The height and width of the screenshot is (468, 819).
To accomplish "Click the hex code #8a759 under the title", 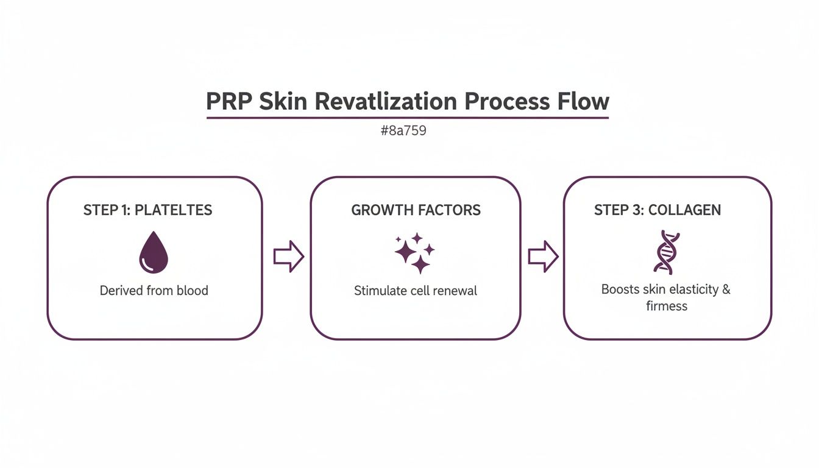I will pyautogui.click(x=403, y=130).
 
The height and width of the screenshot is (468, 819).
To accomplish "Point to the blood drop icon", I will pyautogui.click(x=154, y=252).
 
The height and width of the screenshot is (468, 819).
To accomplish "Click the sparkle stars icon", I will pyautogui.click(x=414, y=252).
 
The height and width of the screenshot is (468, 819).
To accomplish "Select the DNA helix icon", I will pyautogui.click(x=666, y=252).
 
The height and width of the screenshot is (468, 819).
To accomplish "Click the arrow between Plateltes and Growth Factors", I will pyautogui.click(x=288, y=257).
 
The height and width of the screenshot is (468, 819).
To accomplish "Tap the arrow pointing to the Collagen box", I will pyautogui.click(x=542, y=257).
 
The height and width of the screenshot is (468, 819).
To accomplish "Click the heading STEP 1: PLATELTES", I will pyautogui.click(x=147, y=210).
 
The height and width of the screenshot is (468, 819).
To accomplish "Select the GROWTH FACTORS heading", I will pyautogui.click(x=416, y=210).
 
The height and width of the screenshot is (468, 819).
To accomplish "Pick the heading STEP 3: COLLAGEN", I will pyautogui.click(x=658, y=210).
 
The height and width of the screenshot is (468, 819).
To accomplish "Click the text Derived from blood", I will pyautogui.click(x=154, y=291).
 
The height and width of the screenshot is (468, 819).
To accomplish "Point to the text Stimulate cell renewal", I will pyautogui.click(x=416, y=291).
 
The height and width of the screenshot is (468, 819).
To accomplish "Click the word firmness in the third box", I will pyautogui.click(x=667, y=306).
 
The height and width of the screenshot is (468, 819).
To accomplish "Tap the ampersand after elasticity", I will pyautogui.click(x=726, y=289).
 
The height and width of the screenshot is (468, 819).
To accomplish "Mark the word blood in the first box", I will pyautogui.click(x=192, y=291).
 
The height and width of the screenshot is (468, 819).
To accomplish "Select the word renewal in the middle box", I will pyautogui.click(x=455, y=291).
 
